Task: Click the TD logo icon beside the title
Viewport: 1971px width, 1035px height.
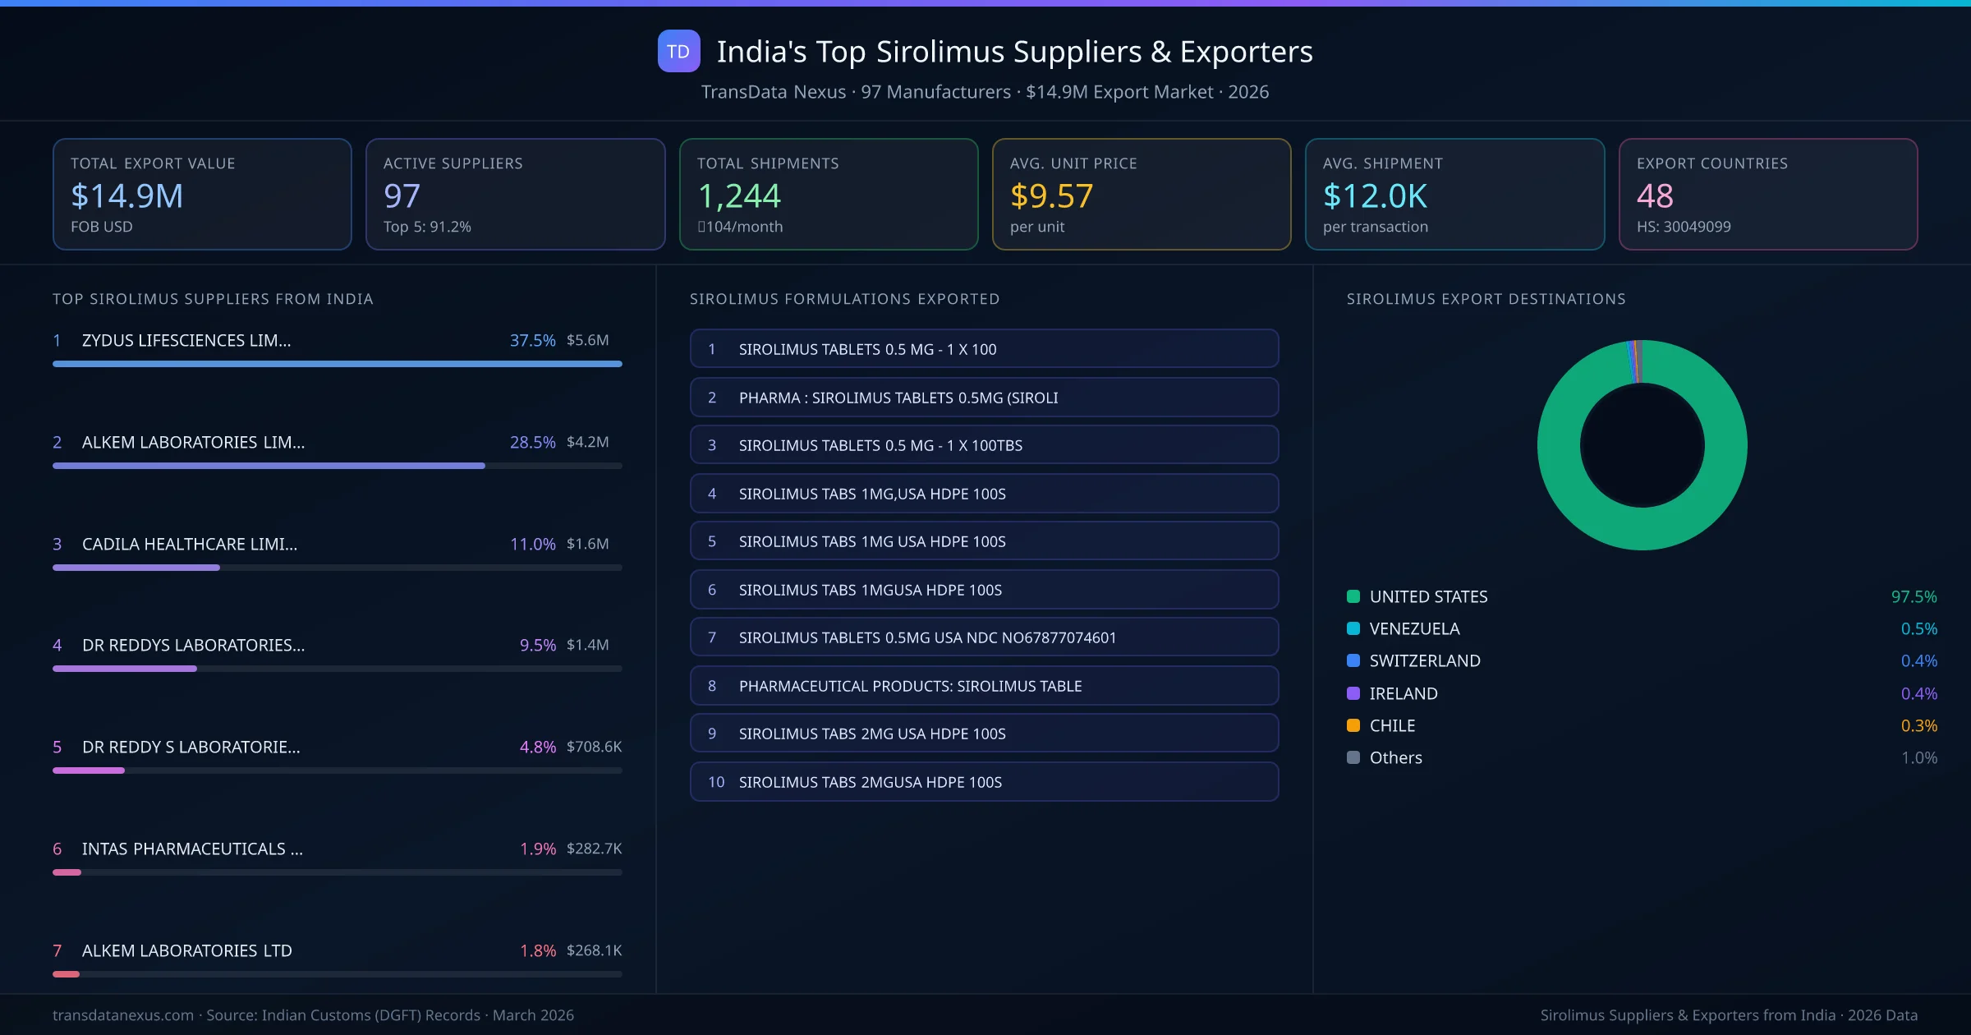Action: coord(678,51)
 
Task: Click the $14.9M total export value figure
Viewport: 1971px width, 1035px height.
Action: coord(126,195)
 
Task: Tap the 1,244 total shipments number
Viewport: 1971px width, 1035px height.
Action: coord(739,195)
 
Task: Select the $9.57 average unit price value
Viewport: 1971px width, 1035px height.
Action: coord(1051,195)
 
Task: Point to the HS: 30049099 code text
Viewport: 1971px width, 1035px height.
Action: coord(1683,227)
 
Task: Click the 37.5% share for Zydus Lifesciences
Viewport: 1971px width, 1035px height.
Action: coord(532,340)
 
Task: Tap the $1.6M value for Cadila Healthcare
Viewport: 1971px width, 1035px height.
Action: coord(587,544)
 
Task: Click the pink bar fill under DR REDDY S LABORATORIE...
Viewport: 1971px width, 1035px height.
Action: coord(89,770)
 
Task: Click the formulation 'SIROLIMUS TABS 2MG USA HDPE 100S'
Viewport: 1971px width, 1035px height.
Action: coord(871,734)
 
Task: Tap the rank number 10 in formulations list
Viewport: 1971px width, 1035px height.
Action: coord(716,782)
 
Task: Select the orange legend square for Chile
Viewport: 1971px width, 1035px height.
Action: coord(1353,725)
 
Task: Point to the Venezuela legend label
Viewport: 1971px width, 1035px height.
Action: coord(1414,628)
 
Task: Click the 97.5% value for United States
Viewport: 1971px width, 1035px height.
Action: coord(1914,596)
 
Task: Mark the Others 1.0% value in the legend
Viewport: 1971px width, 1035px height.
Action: coord(1918,757)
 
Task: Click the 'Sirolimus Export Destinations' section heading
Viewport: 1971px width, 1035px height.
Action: coord(1486,299)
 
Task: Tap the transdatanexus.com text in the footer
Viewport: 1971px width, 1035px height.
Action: coord(123,1015)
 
